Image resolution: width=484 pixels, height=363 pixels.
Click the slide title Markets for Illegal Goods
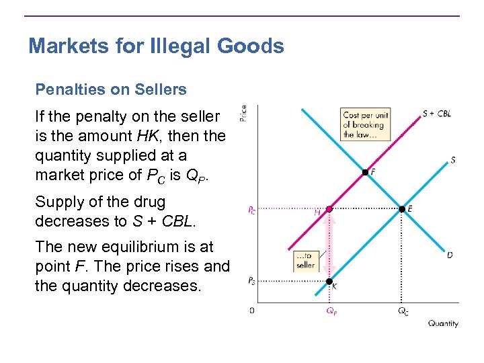[x=156, y=46]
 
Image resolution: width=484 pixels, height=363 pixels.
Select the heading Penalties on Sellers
[x=111, y=89]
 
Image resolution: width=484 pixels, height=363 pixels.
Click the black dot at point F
[x=365, y=173]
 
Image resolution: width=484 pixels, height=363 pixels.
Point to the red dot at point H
[x=329, y=209]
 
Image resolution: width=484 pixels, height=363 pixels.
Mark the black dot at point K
[x=329, y=281]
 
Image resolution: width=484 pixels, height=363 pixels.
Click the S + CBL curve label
[x=437, y=114]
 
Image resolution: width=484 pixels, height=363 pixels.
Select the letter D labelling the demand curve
[x=450, y=255]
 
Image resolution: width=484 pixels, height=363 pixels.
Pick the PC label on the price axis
[x=251, y=210]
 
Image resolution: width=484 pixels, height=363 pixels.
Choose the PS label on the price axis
[x=251, y=281]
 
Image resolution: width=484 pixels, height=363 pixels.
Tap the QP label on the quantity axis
[x=331, y=311]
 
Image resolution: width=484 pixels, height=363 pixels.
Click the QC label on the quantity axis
[x=403, y=311]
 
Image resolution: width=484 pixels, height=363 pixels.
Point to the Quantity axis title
[x=443, y=323]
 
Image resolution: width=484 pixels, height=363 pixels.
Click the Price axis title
[x=243, y=113]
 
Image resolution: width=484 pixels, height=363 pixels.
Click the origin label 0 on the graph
[x=251, y=311]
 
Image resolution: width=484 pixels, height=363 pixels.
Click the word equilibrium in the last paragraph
[x=143, y=247]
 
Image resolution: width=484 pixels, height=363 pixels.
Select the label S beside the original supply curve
[x=453, y=160]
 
